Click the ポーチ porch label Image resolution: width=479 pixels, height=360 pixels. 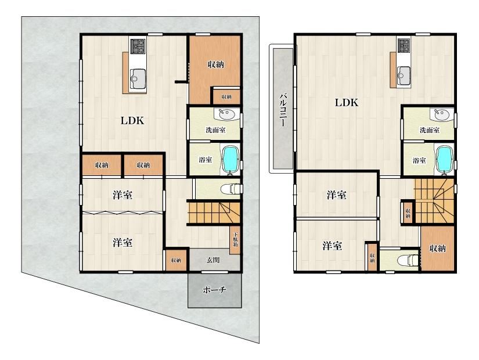point(214,290)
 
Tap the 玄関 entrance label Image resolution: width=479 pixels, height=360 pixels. point(213,260)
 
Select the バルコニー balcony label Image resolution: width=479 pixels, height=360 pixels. point(283,110)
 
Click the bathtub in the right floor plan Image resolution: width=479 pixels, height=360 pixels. point(445,160)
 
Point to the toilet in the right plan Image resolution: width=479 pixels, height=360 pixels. point(408,260)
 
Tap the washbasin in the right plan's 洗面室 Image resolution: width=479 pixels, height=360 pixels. point(441,115)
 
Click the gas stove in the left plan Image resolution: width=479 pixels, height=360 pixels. point(138,46)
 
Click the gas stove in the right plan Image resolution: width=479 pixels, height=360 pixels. point(404,45)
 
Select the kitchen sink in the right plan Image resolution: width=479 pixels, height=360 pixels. point(404,75)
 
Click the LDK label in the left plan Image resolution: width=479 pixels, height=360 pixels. point(132,121)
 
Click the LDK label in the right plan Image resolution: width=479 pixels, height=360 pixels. point(347,102)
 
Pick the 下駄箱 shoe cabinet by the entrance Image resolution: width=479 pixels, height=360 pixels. point(235,240)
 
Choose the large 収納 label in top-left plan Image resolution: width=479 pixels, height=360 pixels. point(215,64)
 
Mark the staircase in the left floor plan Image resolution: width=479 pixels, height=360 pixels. point(214,213)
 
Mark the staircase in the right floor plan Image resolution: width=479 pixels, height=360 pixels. point(434,201)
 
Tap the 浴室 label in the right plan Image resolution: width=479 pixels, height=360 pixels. point(419,160)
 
